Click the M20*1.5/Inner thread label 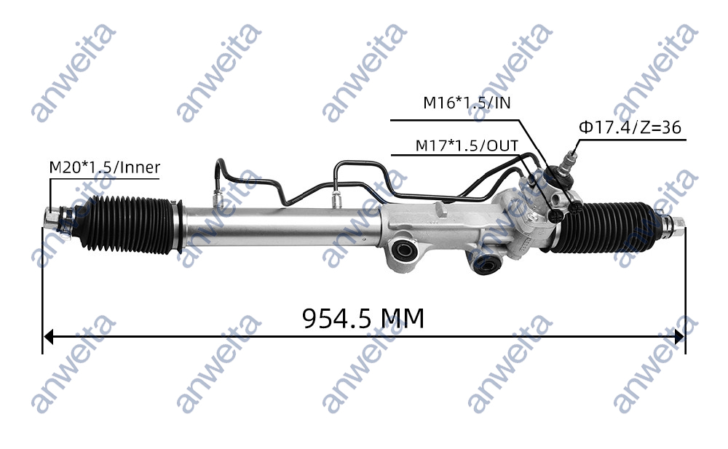(105, 167)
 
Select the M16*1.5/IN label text (467, 103)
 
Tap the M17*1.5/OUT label (467, 146)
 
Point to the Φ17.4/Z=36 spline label (630, 127)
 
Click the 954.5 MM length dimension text (363, 318)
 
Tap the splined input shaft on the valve (571, 157)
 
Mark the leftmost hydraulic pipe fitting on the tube (216, 196)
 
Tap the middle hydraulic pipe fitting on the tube (336, 198)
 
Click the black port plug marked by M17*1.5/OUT (558, 213)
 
